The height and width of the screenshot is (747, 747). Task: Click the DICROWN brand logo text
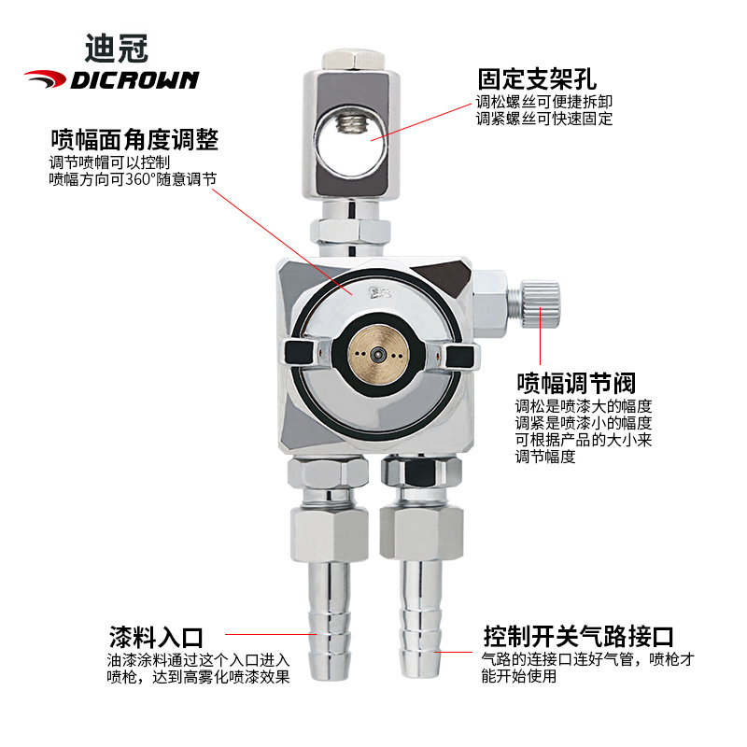point(136,79)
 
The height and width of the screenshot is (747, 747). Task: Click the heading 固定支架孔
point(536,78)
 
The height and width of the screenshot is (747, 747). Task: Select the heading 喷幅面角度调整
point(134,140)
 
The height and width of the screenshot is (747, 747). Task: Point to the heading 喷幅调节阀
point(576,383)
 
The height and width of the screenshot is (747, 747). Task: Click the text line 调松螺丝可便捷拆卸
point(545,102)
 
